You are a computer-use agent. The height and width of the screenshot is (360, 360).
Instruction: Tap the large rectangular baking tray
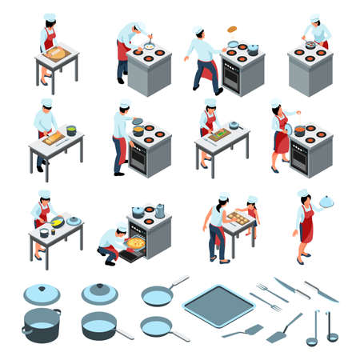pos(218,306)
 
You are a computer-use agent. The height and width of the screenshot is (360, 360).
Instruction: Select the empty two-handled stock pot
pos(41,325)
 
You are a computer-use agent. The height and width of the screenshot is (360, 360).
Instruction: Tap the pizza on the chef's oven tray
pos(136,242)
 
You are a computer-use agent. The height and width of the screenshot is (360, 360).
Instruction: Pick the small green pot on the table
pos(71,130)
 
